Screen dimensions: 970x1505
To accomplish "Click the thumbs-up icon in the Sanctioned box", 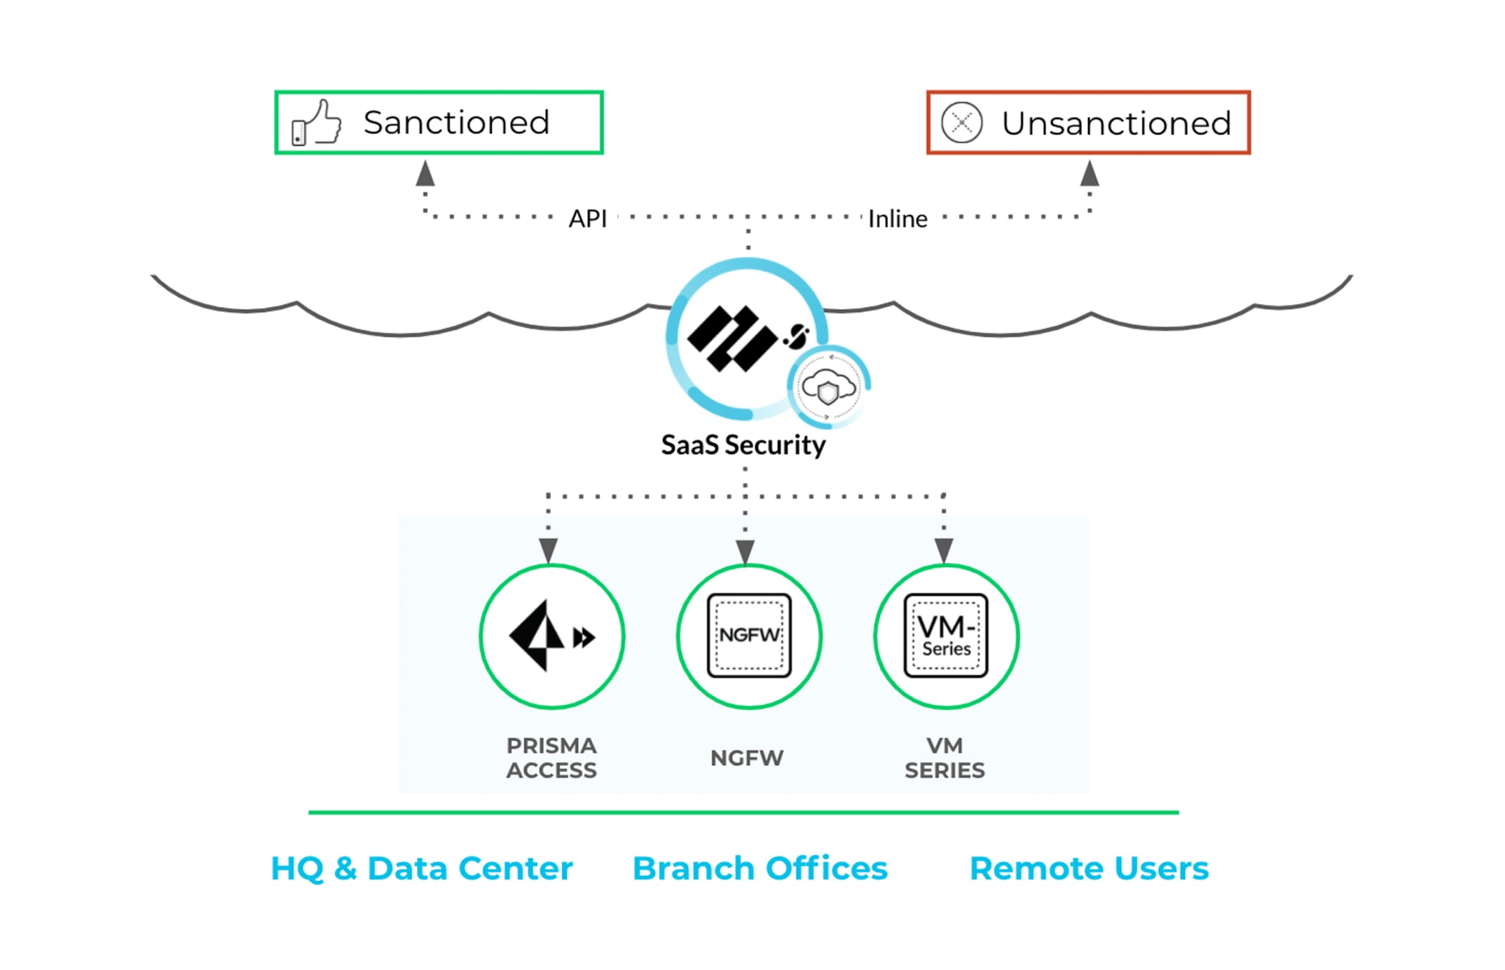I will coord(317,123).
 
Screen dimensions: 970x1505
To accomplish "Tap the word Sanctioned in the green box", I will coord(456,123).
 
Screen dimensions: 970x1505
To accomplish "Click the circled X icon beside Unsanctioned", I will coord(961,123).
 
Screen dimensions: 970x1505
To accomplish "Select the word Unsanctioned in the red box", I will coord(1115,123).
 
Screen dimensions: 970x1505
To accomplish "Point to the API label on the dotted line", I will coord(587,219).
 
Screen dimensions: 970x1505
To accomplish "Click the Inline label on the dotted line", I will coord(898,219).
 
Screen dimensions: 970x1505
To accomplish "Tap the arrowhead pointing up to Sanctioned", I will coord(425,174).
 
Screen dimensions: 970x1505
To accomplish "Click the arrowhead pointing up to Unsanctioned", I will coord(1090,174).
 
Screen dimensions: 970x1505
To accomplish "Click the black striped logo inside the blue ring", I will coord(732,338).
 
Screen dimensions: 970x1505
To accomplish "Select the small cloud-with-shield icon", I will coord(829,386).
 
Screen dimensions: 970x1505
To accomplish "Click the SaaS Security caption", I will coord(743,445).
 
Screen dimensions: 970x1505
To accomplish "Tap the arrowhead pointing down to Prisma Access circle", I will coord(549,549).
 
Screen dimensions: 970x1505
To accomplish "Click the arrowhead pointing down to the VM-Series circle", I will coord(944,549).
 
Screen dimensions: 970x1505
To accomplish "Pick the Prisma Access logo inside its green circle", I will coord(551,636).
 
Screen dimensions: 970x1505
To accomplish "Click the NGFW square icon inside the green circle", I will coord(749,635).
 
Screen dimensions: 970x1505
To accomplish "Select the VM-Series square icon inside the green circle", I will coord(946,635).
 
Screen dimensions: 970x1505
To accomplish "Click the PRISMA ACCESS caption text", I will coord(551,758).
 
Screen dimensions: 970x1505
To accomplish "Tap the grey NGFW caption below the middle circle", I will coord(747,758).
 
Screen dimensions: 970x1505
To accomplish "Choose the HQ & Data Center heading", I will coord(422,868).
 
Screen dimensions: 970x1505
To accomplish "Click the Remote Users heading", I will coord(1089,868).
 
